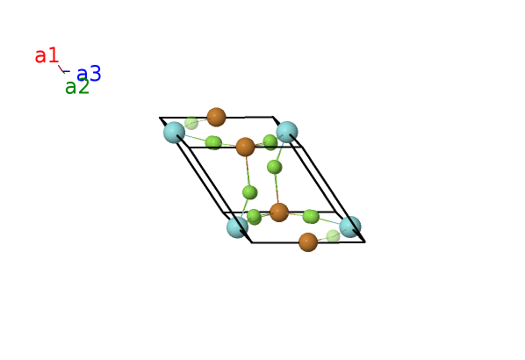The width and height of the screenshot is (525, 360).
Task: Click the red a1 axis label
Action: click(47, 55)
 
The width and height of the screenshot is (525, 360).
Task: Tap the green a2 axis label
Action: click(77, 86)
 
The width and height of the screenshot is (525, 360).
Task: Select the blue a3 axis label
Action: click(89, 74)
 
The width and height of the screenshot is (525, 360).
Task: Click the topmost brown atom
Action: click(216, 117)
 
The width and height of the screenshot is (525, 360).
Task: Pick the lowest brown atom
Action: click(308, 242)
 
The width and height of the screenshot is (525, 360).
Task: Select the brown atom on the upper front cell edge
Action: click(246, 147)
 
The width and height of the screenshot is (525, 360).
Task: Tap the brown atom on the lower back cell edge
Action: click(279, 212)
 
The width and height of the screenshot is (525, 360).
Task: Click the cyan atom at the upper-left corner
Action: click(174, 133)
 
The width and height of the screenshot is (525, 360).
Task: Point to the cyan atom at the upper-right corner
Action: click(287, 132)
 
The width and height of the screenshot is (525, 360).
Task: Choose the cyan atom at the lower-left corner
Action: click(237, 227)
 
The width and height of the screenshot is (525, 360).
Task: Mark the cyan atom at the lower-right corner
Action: click(350, 227)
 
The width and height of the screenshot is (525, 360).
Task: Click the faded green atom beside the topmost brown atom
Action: click(191, 123)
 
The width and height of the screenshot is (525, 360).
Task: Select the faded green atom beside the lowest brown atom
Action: click(333, 236)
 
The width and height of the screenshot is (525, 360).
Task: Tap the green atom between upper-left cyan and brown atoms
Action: click(213, 142)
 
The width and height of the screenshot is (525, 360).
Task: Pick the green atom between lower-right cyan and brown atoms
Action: click(311, 216)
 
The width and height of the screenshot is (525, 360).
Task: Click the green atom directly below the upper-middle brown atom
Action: click(250, 192)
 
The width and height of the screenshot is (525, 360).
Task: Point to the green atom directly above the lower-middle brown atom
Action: click(275, 167)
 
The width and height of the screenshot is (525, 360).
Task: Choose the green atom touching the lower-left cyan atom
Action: click(254, 217)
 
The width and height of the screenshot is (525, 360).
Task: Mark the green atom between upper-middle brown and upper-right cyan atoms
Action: click(270, 142)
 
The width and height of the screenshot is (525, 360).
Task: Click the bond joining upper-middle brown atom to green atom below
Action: click(248, 170)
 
